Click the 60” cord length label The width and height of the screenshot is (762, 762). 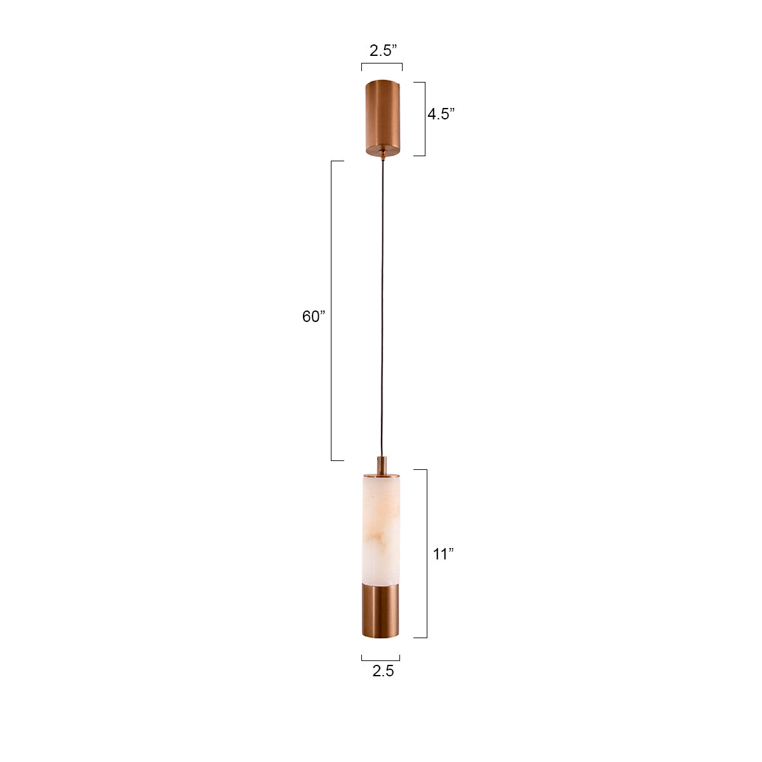click(313, 316)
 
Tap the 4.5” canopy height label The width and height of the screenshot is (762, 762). click(440, 114)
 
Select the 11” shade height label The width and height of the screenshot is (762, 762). click(443, 554)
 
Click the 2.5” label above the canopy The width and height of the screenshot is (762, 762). click(383, 51)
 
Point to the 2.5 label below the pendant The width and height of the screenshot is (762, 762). click(383, 671)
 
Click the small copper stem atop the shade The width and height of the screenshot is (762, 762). click(381, 465)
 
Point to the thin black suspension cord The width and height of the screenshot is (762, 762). click(382, 305)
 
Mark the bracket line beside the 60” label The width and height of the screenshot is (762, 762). click(331, 311)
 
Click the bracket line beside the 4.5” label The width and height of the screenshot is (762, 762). click(424, 119)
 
